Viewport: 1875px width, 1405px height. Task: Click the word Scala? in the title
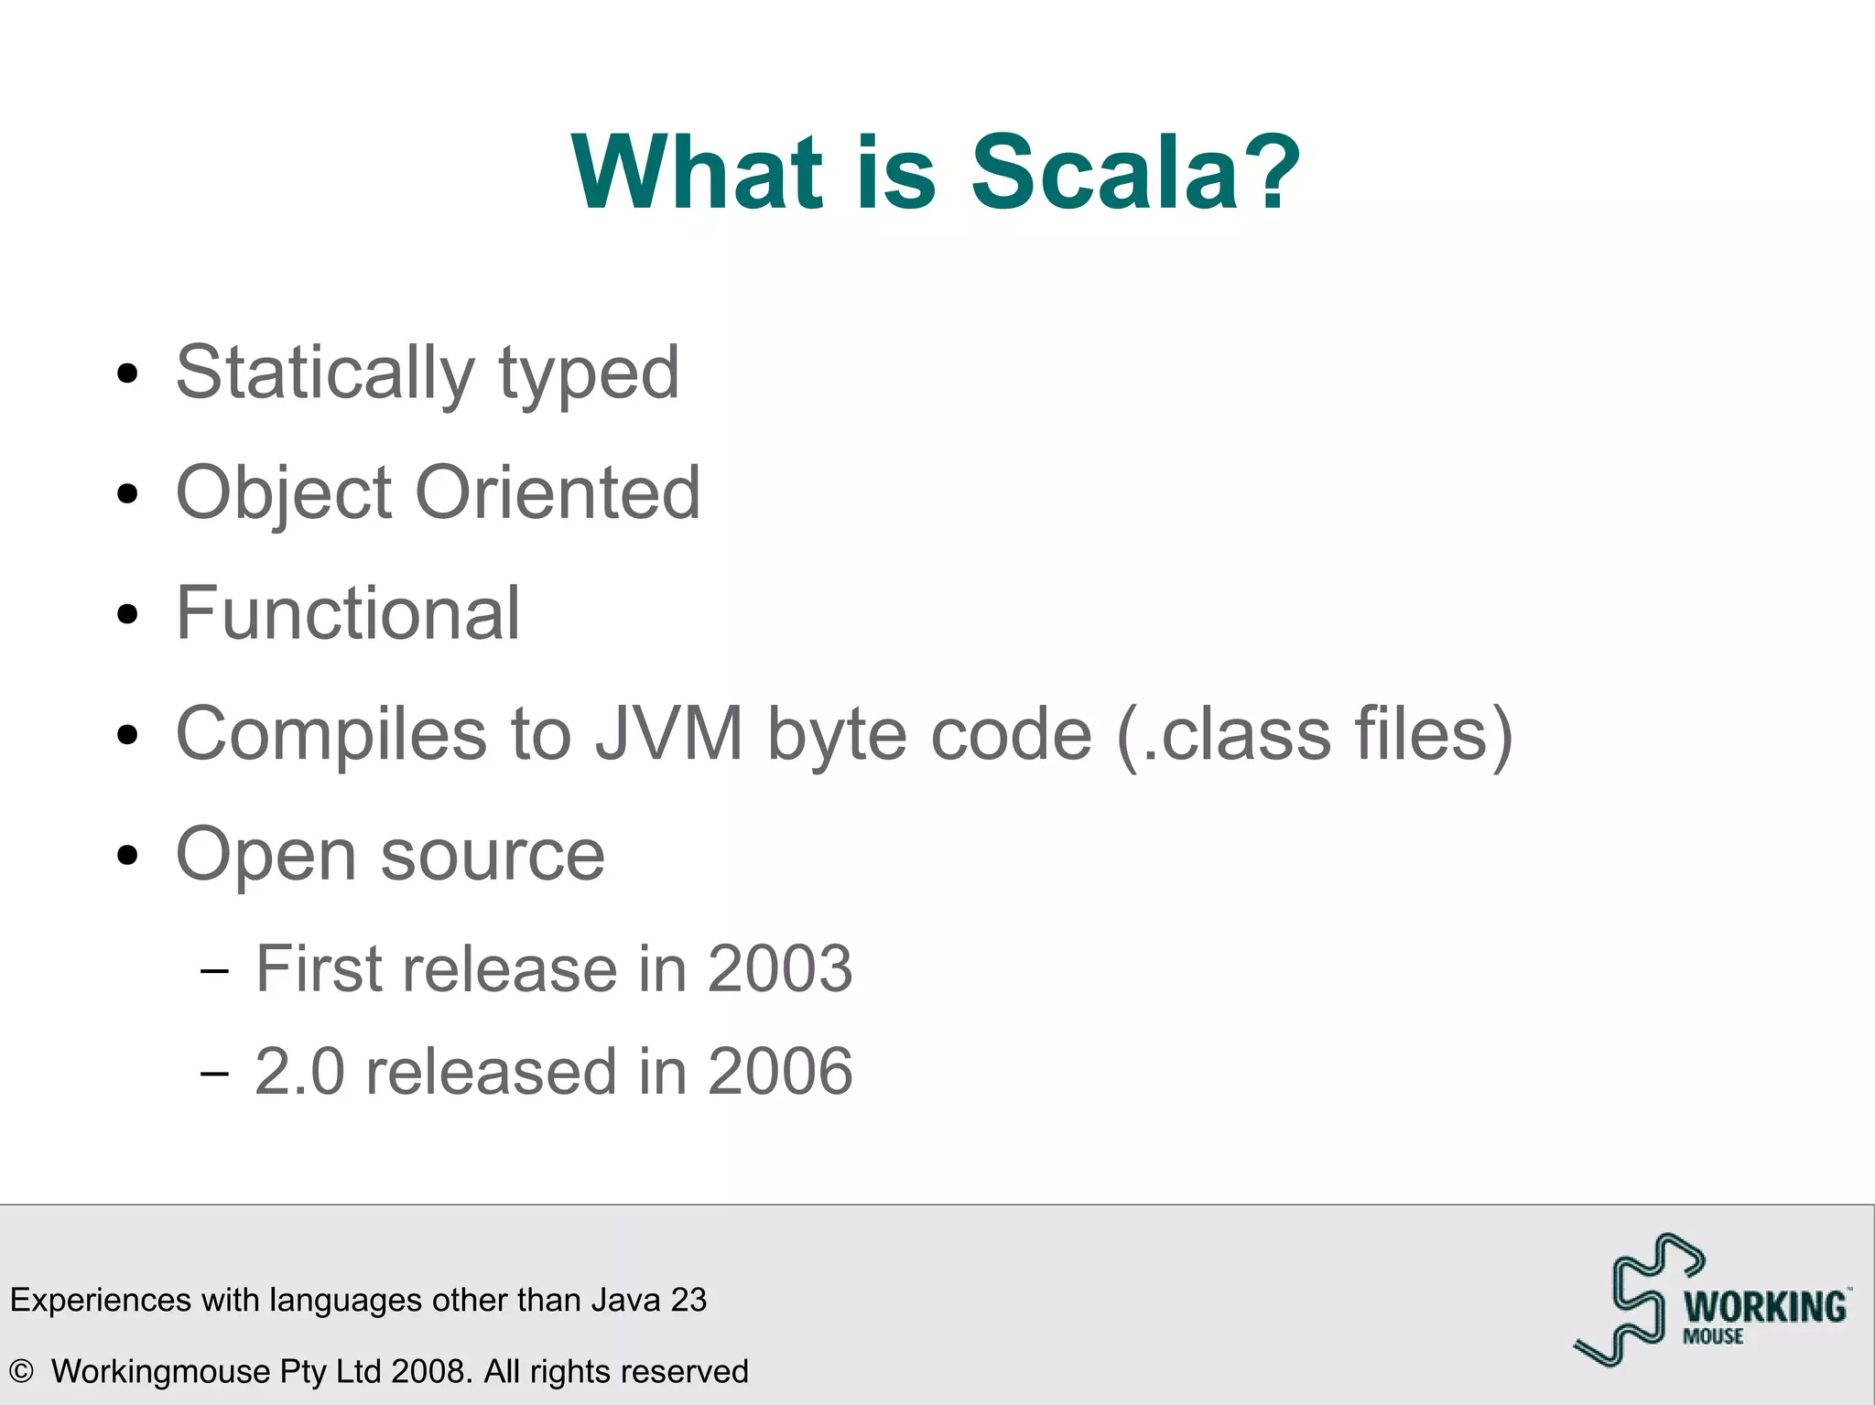pyautogui.click(x=1135, y=172)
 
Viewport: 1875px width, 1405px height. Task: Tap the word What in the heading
pyautogui.click(x=696, y=172)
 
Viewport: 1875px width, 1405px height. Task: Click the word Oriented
pyautogui.click(x=558, y=492)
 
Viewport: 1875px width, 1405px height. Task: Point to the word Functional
pyautogui.click(x=348, y=613)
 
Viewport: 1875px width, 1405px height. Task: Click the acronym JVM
pyautogui.click(x=669, y=734)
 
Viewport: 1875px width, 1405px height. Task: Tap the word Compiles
pyautogui.click(x=331, y=734)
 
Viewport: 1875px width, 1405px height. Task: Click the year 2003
pyautogui.click(x=779, y=968)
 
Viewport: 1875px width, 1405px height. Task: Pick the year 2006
pyautogui.click(x=779, y=1071)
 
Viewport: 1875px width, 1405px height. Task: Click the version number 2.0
pyautogui.click(x=299, y=1071)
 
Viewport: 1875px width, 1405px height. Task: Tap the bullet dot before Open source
pyautogui.click(x=128, y=856)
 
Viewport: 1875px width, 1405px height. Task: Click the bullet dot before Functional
pyautogui.click(x=128, y=614)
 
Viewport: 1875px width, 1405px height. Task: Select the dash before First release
pyautogui.click(x=214, y=969)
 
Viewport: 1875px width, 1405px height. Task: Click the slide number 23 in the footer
pyautogui.click(x=688, y=1300)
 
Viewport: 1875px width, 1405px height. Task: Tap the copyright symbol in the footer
pyautogui.click(x=21, y=1371)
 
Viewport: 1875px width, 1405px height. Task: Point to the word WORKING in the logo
pyautogui.click(x=1765, y=1307)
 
